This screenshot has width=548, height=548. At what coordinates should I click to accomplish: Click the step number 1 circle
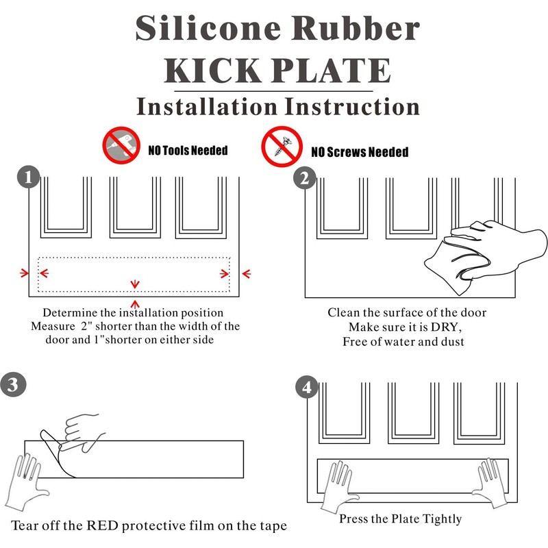click(28, 178)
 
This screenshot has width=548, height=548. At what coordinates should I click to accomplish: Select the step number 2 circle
click(304, 179)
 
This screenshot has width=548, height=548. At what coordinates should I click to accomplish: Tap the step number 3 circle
click(14, 384)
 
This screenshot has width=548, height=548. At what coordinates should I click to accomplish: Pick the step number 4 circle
click(306, 388)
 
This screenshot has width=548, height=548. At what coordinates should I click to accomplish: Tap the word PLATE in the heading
click(337, 71)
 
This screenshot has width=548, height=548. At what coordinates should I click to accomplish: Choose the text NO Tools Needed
click(188, 150)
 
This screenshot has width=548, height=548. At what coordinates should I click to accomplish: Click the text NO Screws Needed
click(360, 151)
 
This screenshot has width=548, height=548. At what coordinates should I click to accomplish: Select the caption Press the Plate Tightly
click(401, 519)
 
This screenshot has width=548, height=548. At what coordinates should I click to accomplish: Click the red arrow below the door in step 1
click(136, 303)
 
